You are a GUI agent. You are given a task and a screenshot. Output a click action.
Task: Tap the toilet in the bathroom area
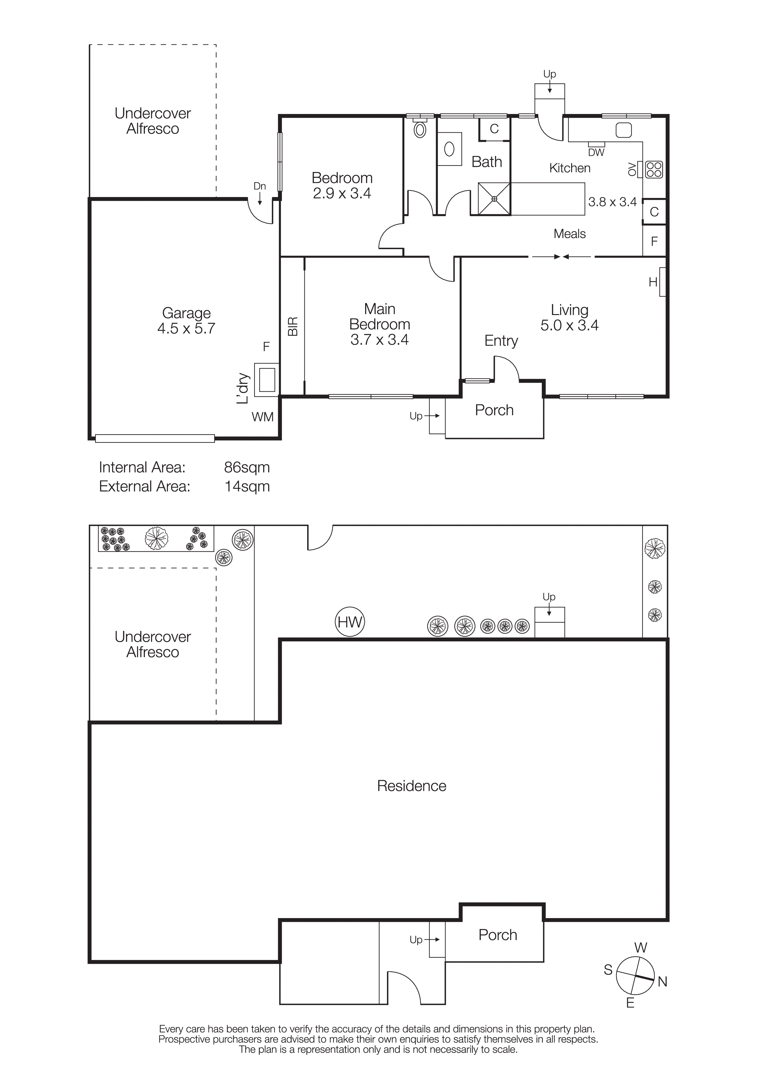click(420, 129)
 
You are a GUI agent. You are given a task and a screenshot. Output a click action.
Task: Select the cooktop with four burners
click(654, 169)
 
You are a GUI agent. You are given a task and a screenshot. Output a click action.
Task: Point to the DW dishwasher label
click(596, 152)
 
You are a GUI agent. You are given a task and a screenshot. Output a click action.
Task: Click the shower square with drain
click(494, 199)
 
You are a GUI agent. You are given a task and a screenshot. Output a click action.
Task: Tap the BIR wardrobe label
click(292, 326)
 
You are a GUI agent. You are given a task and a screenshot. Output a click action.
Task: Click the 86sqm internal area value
click(247, 467)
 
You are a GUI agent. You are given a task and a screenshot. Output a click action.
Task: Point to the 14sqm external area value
click(247, 486)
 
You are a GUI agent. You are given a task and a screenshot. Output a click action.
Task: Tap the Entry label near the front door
click(501, 340)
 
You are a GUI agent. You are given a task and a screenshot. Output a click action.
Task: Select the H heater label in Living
click(653, 282)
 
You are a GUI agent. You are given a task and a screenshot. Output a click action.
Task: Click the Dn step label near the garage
click(259, 186)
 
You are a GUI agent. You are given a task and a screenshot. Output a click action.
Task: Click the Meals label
click(569, 234)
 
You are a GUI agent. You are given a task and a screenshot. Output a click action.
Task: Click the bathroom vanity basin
click(449, 149)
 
